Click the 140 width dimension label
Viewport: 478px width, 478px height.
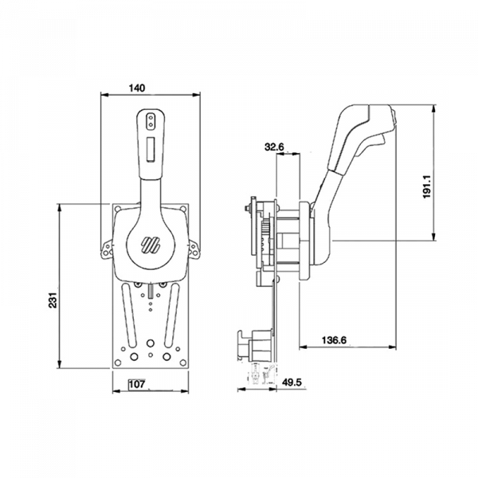tap(137, 88)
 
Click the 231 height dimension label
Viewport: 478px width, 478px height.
tap(53, 300)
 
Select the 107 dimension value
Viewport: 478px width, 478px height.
tap(137, 384)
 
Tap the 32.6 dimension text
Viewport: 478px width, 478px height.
tap(274, 147)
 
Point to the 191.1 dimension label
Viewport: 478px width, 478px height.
tap(427, 186)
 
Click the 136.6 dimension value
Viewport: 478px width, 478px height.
tap(334, 340)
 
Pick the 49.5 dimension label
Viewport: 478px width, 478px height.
tap(292, 382)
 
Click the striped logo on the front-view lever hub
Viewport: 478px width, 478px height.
tap(151, 245)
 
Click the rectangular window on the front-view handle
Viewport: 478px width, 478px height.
tap(151, 149)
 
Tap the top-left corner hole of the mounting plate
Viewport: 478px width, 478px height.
tap(118, 209)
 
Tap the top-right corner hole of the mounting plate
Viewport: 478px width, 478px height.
tap(183, 209)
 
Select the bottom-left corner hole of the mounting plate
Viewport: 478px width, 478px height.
tap(118, 362)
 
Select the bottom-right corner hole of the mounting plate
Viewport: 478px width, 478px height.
tap(183, 362)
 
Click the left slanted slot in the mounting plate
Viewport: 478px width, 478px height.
tap(129, 315)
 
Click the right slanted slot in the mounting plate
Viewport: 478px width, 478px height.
tap(172, 315)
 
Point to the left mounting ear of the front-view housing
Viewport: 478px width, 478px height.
tap(107, 249)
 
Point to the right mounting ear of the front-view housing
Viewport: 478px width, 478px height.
tap(194, 249)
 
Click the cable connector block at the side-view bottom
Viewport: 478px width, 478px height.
tap(255, 345)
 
